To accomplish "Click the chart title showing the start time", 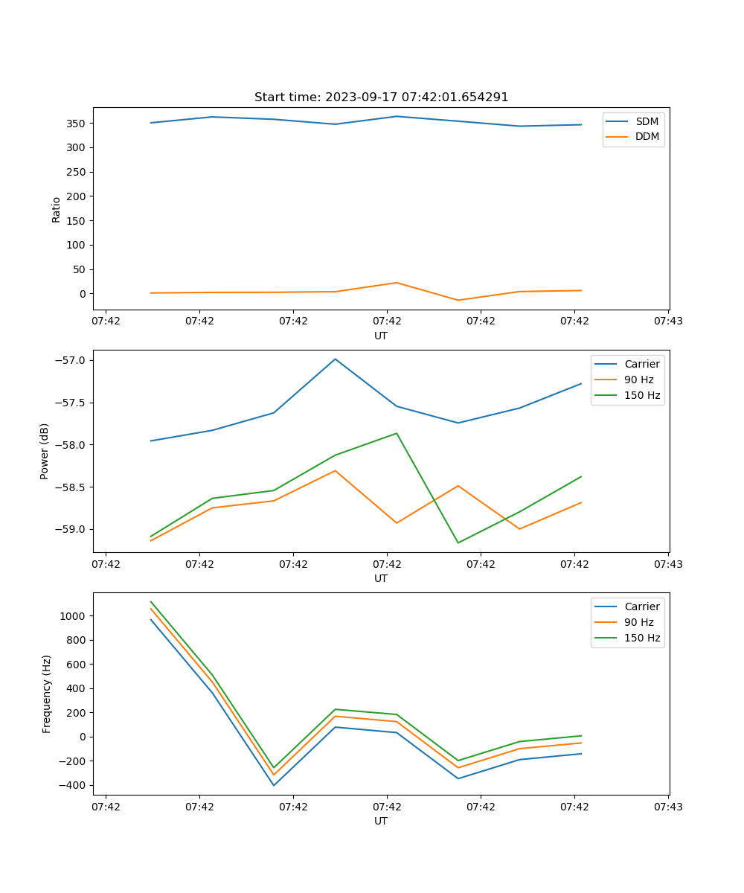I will point(381,97).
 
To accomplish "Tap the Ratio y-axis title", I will point(57,210).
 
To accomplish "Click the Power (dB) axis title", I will point(45,451).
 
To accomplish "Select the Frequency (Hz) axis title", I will point(47,694).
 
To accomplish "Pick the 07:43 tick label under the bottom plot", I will point(667,806).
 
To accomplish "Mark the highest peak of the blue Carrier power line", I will point(336,359).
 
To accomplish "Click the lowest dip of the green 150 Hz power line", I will point(458,542).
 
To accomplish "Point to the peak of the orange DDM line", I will point(397,283).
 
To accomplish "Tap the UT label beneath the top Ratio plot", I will point(381,336).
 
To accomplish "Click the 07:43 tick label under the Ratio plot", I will point(667,321).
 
